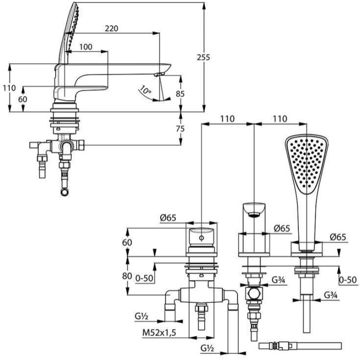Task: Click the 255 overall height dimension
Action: (203, 57)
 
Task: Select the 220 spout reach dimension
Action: (111, 28)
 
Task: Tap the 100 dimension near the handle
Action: (86, 47)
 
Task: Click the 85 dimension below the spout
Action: (180, 94)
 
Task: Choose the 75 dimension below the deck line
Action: (180, 129)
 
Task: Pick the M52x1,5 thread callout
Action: (159, 333)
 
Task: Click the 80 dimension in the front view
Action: (127, 276)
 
